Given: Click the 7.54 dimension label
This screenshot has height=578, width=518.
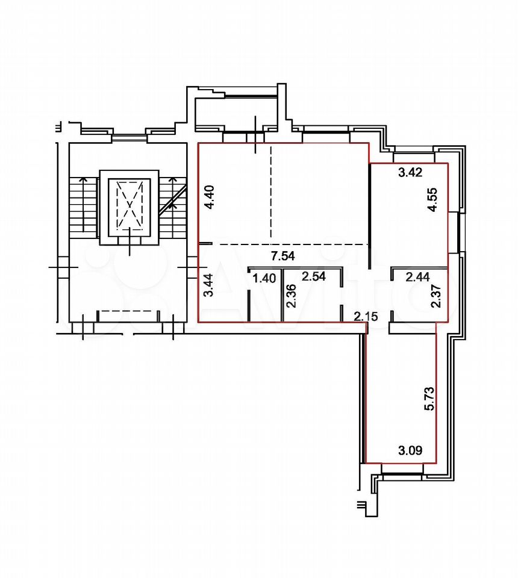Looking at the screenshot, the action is tap(282, 255).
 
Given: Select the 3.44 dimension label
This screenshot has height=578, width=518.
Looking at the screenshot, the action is tap(208, 285).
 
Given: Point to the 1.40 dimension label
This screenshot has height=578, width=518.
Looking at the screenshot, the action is tap(264, 278).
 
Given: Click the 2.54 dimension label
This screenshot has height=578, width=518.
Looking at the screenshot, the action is tap(314, 276).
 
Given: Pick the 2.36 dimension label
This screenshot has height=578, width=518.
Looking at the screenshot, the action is tap(292, 296).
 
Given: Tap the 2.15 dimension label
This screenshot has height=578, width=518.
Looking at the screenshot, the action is tap(366, 316).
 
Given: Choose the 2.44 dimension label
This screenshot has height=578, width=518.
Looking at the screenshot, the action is tap(418, 276).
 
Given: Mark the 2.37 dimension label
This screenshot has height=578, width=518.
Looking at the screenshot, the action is tap(436, 296).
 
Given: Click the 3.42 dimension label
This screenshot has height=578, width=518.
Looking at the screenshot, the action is tap(410, 172).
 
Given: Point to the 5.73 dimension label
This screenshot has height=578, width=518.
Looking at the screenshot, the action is tap(429, 399).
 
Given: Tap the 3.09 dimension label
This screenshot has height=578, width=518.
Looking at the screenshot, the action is tap(410, 450).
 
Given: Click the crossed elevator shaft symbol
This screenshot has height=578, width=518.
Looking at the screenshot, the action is tap(129, 205).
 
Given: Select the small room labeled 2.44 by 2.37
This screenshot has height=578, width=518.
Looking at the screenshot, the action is tap(420, 296).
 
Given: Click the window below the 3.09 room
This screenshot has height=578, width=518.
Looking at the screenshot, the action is tap(402, 469).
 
